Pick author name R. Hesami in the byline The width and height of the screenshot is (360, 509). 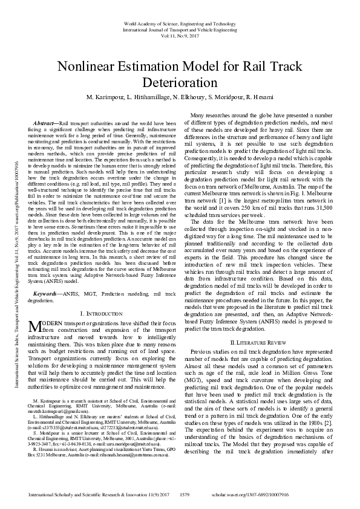[260, 97]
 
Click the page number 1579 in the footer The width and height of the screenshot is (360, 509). [186, 494]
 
